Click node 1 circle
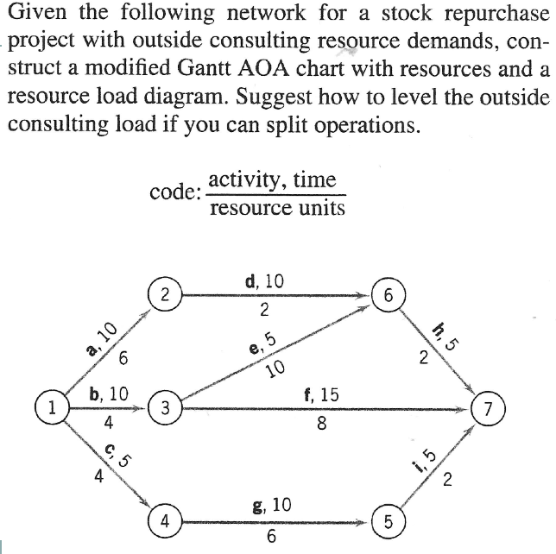pyautogui.click(x=52, y=406)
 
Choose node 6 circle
pyautogui.click(x=389, y=294)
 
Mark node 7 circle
pyautogui.click(x=490, y=407)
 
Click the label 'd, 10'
pyautogui.click(x=264, y=280)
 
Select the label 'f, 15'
pyautogui.click(x=322, y=396)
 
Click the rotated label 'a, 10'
pyautogui.click(x=102, y=338)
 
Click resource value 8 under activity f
pyautogui.click(x=321, y=424)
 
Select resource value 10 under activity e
pyautogui.click(x=275, y=370)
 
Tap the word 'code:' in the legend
pyautogui.click(x=174, y=192)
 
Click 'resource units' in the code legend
pyautogui.click(x=277, y=208)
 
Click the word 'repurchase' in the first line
pyautogui.click(x=480, y=14)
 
